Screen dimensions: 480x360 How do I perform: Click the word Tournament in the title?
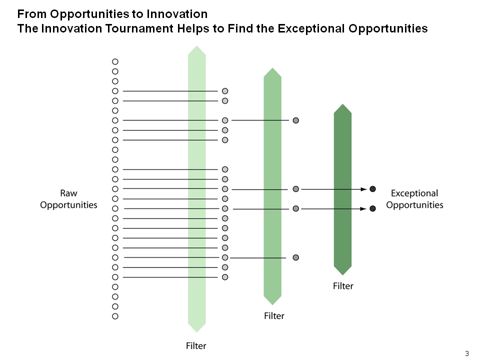[x=139, y=28]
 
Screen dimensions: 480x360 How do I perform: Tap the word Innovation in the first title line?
[x=177, y=14]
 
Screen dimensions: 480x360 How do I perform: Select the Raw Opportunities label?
[x=68, y=199]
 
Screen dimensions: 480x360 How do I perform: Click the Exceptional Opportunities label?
[x=414, y=199]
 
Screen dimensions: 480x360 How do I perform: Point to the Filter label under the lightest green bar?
[x=196, y=346]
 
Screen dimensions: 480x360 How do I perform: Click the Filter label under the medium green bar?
[x=274, y=316]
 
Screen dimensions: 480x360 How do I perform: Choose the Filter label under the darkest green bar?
[x=343, y=286]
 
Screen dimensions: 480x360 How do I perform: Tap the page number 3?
[x=467, y=353]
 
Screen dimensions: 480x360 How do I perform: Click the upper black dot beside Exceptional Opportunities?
[x=372, y=189]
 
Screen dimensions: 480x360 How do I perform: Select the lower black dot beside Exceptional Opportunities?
[x=372, y=208]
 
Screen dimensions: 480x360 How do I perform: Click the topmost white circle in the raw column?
[x=115, y=61]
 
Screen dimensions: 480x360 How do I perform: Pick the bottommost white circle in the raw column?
[x=115, y=316]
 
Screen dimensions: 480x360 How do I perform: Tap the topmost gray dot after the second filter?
[x=295, y=120]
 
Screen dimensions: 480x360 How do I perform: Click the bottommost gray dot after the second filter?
[x=295, y=257]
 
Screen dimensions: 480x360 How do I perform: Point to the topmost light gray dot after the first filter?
[x=225, y=91]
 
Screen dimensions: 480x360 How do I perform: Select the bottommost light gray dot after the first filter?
[x=225, y=277]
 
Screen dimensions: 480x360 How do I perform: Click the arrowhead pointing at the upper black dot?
[x=363, y=189]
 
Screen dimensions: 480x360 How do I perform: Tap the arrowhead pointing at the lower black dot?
[x=363, y=209]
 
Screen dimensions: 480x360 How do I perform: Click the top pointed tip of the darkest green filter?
[x=342, y=104]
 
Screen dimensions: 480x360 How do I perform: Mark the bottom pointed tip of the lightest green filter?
[x=196, y=332]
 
